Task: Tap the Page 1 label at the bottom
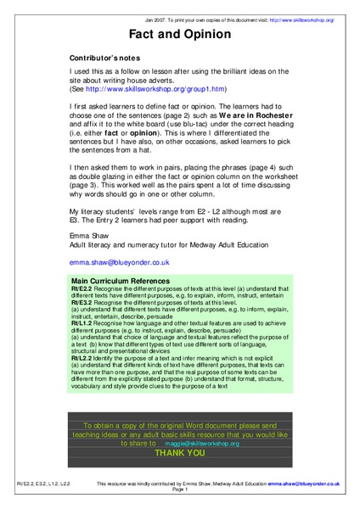pos(179,489)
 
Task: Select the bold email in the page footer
pos(303,483)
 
